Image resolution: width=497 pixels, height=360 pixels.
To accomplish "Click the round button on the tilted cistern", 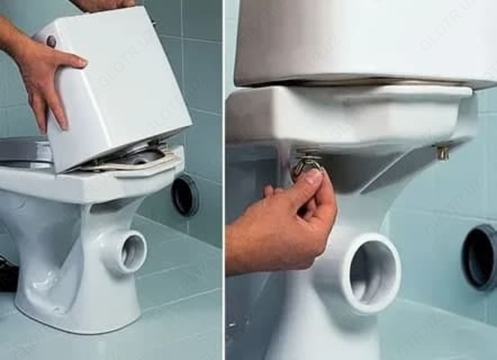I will click(51, 42).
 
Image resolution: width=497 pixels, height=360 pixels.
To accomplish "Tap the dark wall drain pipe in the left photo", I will click(185, 195).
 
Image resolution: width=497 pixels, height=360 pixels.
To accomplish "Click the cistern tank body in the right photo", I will click(360, 40).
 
